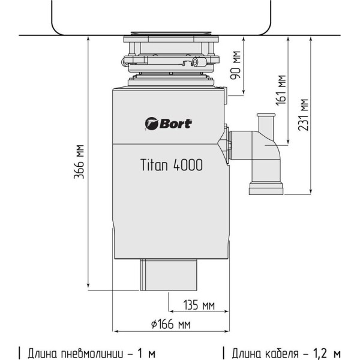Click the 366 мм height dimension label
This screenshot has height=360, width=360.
point(79,161)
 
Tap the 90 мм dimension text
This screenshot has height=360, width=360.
point(236,65)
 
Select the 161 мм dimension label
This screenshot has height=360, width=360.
point(281,90)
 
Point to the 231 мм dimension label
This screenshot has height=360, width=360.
point(303,115)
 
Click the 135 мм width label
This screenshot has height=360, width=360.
point(199,305)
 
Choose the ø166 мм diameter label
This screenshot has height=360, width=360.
point(171,325)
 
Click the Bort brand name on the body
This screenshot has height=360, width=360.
point(176,124)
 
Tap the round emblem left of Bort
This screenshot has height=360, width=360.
point(152,124)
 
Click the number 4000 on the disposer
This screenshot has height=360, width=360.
point(188,164)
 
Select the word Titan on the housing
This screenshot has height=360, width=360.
point(154,164)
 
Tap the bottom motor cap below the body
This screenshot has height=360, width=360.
point(169,275)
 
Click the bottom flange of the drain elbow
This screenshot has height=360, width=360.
point(266,188)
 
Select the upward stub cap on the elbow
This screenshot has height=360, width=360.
point(266,115)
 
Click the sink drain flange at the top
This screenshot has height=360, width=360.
point(171,34)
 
